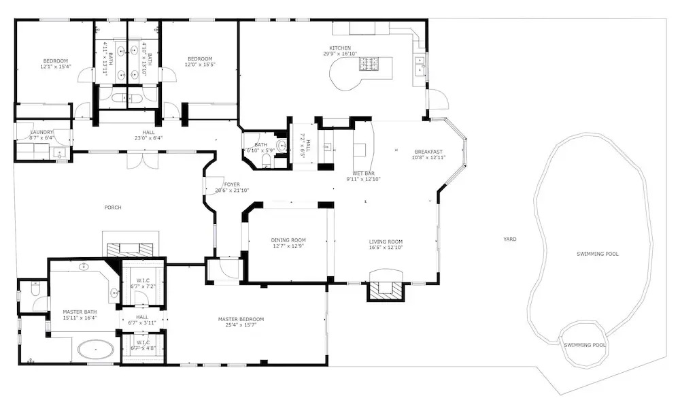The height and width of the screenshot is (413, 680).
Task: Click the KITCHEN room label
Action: tap(340, 48)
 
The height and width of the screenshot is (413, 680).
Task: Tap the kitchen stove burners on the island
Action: tap(369, 64)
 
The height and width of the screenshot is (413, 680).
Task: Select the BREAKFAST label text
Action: tap(428, 152)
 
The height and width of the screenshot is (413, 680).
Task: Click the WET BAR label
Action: tap(363, 174)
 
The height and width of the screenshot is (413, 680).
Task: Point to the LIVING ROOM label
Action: tap(386, 242)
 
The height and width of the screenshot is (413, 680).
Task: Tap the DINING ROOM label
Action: tap(288, 240)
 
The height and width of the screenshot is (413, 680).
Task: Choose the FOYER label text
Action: tap(232, 184)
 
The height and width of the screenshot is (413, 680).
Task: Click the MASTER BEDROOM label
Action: tap(241, 319)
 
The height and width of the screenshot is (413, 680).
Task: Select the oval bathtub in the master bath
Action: tap(96, 349)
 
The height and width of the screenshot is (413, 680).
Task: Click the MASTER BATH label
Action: tap(80, 312)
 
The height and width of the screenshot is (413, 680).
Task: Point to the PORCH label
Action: tap(113, 208)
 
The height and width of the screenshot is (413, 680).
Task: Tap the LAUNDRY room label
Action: tap(41, 132)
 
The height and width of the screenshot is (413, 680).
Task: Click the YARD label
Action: tap(510, 239)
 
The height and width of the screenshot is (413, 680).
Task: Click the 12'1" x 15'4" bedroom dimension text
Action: tap(56, 67)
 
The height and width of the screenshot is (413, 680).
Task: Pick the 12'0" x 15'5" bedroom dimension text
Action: tap(200, 65)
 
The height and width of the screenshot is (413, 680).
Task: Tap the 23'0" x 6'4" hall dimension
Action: tap(148, 138)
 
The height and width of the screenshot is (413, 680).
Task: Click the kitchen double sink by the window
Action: tap(420, 67)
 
